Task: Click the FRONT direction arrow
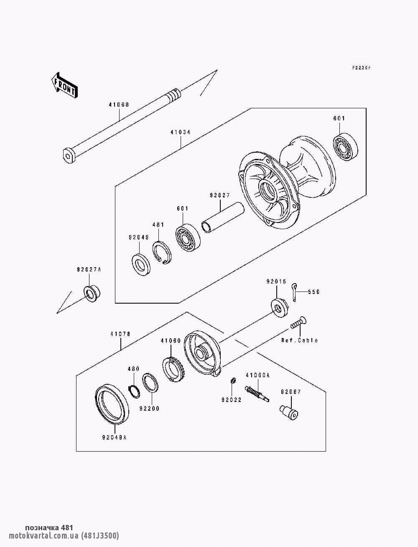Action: [x=64, y=85]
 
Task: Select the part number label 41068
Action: [x=119, y=105]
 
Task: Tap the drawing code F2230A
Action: [x=361, y=67]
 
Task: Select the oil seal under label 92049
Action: [x=141, y=264]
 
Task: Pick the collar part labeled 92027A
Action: [x=92, y=294]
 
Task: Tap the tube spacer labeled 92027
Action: [x=223, y=217]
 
